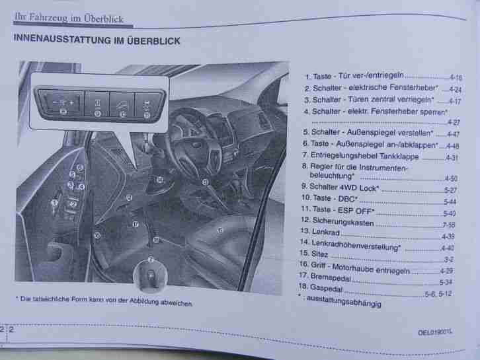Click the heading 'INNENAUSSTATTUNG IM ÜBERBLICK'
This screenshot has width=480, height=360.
(96, 40)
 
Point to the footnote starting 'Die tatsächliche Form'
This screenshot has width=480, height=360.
(104, 302)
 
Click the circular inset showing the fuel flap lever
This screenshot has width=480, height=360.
(150, 273)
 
